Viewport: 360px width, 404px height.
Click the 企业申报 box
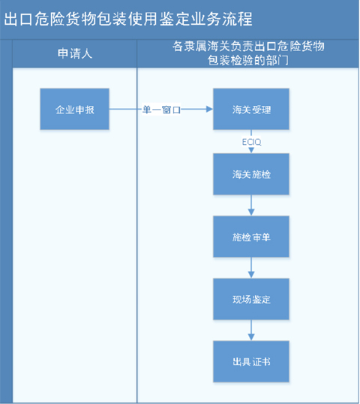tap(74, 109)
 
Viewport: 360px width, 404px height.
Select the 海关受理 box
tap(251, 109)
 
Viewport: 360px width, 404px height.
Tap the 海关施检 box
tap(251, 174)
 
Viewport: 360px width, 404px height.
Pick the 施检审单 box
tap(251, 237)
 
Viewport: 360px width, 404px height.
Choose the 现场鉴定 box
tap(251, 299)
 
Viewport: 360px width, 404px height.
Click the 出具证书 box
tap(251, 361)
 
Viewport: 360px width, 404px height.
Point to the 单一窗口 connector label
tap(161, 110)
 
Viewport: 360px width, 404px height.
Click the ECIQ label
tap(251, 142)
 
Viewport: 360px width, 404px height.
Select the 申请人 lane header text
tap(74, 53)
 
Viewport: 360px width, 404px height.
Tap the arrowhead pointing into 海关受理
tap(209, 109)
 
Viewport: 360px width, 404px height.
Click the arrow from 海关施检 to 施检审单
tap(251, 205)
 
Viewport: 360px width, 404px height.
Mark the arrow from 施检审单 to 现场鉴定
tap(251, 267)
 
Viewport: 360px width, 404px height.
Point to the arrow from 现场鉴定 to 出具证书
tap(251, 330)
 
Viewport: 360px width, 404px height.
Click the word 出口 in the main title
tap(18, 19)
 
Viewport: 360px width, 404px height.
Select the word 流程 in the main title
tap(237, 19)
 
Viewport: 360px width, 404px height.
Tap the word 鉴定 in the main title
tap(175, 19)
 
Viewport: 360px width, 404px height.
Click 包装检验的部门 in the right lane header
tap(247, 61)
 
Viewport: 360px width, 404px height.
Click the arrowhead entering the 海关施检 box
tap(251, 150)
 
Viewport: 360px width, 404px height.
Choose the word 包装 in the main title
tap(112, 19)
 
